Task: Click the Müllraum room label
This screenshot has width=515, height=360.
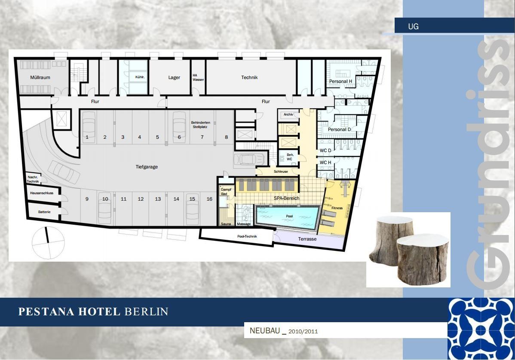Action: pos(40,77)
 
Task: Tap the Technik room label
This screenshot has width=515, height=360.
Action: pos(249,77)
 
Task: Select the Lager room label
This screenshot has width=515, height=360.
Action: pos(174,77)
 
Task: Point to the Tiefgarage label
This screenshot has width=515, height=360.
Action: pos(147,167)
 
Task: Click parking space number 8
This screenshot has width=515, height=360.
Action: pos(226,137)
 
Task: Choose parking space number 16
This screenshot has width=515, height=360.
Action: pos(209,199)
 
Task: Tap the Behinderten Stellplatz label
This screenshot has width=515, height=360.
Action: pos(201,125)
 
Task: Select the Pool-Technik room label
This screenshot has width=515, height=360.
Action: pos(247,236)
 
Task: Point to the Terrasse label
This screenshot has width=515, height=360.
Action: pos(307,239)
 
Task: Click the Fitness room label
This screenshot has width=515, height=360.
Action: pos(337,208)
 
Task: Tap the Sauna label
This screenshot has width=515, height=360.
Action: pos(226,224)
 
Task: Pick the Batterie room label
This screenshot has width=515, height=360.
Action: pos(44,212)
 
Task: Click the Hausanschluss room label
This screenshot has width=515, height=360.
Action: pos(42,193)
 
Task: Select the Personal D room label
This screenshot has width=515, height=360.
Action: pos(339,129)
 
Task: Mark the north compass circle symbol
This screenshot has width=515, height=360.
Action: pos(48,243)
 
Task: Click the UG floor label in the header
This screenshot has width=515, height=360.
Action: pos(413,27)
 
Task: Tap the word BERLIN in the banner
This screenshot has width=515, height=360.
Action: pos(147,311)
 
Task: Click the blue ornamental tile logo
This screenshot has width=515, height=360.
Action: pos(481,329)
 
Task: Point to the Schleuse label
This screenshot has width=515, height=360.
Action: pos(281,171)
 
